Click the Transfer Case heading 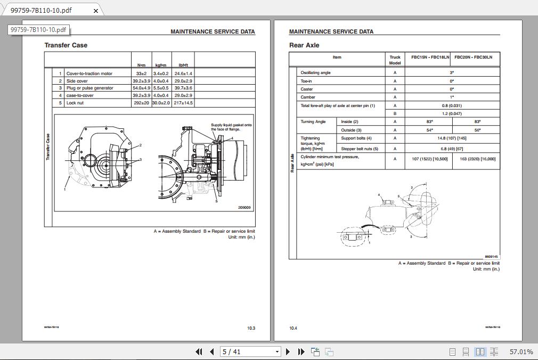66,45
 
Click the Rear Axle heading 304,45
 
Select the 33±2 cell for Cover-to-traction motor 141,73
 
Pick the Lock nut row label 75,103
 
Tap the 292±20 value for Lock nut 141,103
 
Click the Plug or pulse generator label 89,88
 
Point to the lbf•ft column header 183,65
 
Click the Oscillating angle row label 315,72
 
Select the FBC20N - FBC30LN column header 473,57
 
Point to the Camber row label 308,97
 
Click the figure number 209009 244,208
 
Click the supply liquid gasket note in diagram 231,127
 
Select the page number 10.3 251,328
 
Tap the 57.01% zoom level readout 521,351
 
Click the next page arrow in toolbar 288,351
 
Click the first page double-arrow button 199,351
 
